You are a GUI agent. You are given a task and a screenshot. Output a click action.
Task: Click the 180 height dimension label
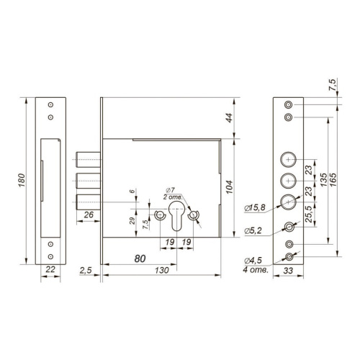click(x=22, y=181)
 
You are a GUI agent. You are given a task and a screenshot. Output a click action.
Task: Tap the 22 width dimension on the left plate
click(x=50, y=269)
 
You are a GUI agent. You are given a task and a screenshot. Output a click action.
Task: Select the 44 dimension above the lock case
click(x=230, y=118)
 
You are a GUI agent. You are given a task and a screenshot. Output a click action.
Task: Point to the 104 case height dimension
click(x=230, y=187)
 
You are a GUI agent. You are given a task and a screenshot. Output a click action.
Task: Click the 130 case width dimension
click(x=162, y=271)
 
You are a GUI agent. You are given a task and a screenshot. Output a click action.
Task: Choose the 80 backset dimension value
click(x=140, y=258)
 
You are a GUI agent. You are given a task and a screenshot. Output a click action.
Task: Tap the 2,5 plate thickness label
click(x=86, y=271)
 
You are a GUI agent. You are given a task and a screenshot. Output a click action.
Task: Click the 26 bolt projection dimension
click(x=89, y=215)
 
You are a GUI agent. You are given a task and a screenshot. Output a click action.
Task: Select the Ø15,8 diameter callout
click(x=255, y=208)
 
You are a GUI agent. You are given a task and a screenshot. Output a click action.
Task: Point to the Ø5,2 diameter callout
click(x=253, y=231)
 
